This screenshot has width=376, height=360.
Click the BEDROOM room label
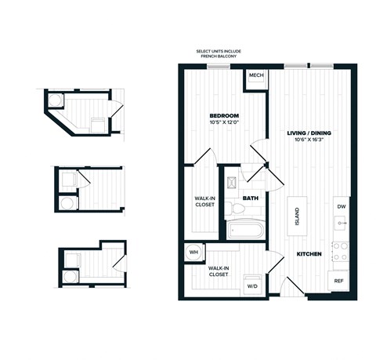click(223, 115)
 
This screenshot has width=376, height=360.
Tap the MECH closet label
click(255, 77)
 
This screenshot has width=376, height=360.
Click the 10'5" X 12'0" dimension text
click(223, 122)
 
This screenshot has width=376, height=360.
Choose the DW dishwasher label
click(341, 206)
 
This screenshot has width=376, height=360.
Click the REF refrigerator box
click(340, 280)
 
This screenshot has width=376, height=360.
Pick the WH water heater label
click(193, 253)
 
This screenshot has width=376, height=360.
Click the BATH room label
click(251, 198)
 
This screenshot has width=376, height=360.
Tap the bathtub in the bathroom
click(245, 231)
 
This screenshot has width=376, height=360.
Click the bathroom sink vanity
click(232, 184)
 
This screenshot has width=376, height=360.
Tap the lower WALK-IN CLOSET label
click(219, 272)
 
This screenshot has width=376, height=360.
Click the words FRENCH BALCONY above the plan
click(219, 57)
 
